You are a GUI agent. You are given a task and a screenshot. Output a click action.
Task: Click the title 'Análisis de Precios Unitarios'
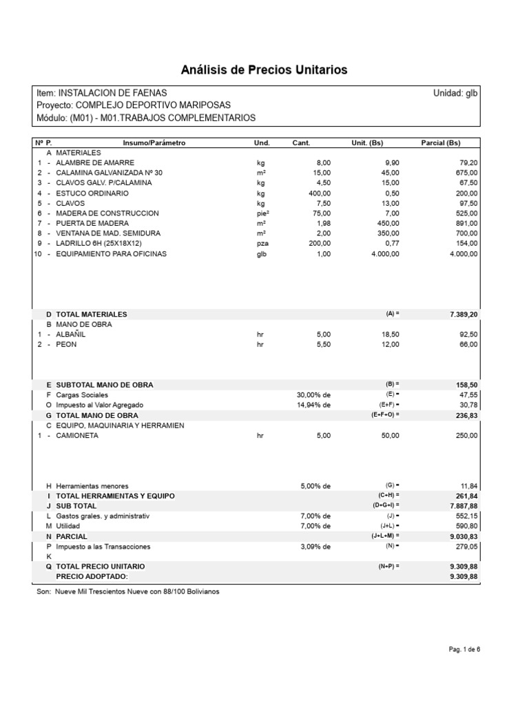[264, 70]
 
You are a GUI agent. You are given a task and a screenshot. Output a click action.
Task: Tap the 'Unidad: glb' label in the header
[455, 92]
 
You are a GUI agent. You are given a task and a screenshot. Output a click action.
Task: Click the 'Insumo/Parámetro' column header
[154, 143]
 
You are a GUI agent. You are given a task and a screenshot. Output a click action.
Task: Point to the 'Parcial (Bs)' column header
[440, 143]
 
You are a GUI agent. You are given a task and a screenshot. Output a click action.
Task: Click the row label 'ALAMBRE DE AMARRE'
[90, 162]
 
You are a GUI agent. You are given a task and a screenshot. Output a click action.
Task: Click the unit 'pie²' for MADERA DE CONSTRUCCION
[262, 213]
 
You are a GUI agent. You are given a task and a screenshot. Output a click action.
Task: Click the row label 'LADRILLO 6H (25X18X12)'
[100, 244]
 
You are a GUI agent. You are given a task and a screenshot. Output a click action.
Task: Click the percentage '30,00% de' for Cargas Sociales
[315, 395]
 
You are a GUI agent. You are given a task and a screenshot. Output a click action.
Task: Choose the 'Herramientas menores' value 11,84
[466, 486]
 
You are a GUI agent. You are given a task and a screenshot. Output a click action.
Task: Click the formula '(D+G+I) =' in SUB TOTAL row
[384, 506]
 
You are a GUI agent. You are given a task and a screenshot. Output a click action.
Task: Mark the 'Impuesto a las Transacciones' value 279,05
[464, 547]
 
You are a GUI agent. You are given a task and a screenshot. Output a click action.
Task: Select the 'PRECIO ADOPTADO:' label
[92, 576]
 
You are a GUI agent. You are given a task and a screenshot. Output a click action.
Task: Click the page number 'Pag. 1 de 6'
[464, 649]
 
